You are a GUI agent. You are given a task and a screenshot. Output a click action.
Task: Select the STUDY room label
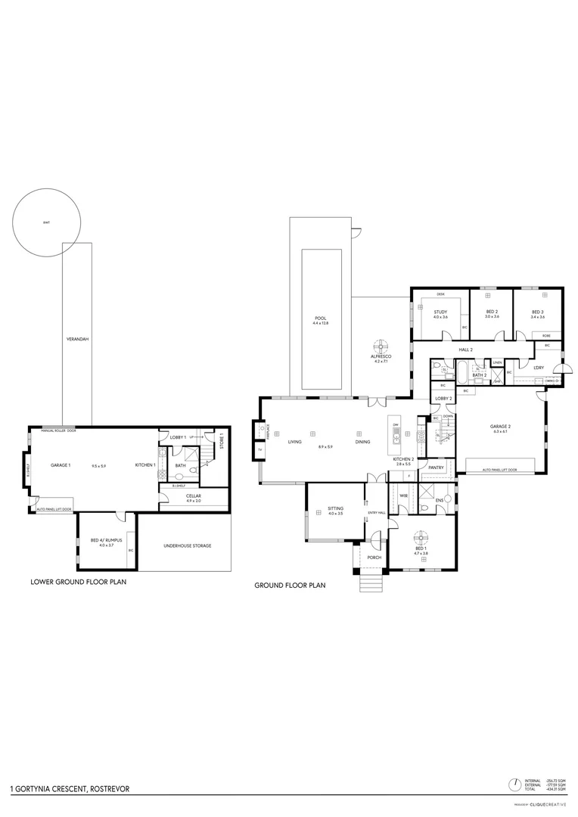tap(440, 312)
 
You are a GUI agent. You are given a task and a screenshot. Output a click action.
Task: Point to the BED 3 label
tap(537, 312)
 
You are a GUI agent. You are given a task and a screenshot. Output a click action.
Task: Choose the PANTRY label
tap(435, 468)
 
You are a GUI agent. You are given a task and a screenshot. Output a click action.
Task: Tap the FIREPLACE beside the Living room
tap(267, 430)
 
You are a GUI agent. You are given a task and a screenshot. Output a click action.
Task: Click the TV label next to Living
tap(259, 450)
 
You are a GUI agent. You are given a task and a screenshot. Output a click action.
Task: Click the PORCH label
tap(374, 558)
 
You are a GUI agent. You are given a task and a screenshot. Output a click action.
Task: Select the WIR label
tap(403, 495)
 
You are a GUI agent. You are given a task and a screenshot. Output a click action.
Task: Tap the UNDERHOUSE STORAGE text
tap(185, 545)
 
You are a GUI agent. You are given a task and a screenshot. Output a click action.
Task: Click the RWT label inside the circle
tap(47, 222)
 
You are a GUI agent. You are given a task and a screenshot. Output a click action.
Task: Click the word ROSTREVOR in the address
tap(110, 788)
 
